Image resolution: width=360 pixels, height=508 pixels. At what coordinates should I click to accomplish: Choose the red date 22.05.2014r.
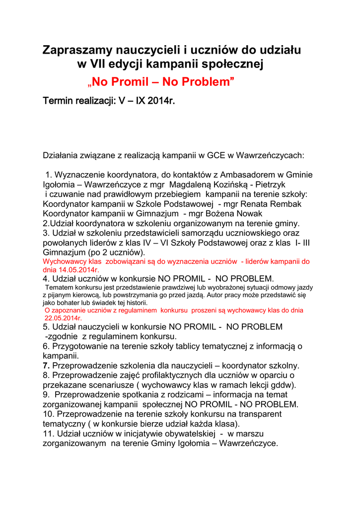pyautogui.click(x=64, y=318)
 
